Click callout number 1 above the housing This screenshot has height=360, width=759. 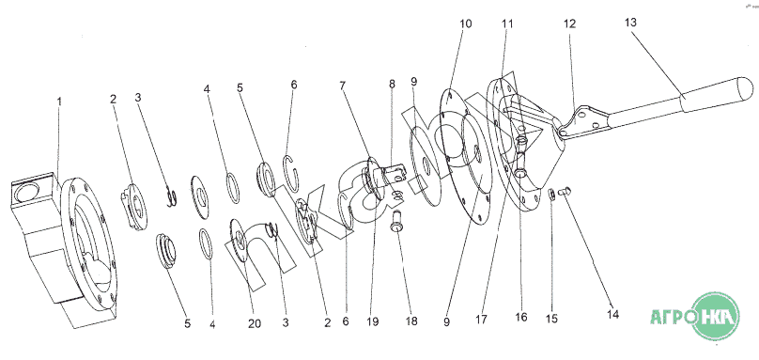pyautogui.click(x=59, y=102)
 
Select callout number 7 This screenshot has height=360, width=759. pyautogui.click(x=342, y=86)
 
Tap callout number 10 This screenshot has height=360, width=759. pyautogui.click(x=465, y=23)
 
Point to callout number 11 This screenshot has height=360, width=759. pyautogui.click(x=507, y=23)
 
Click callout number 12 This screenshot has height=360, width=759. pyautogui.click(x=570, y=23)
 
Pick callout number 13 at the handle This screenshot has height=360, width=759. pyautogui.click(x=630, y=23)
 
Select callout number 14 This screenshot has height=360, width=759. pyautogui.click(x=612, y=315)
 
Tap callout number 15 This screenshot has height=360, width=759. pyautogui.click(x=551, y=319)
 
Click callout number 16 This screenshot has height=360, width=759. pyautogui.click(x=520, y=318)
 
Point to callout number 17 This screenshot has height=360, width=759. pyautogui.click(x=482, y=320)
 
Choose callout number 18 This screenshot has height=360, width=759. pyautogui.click(x=411, y=321)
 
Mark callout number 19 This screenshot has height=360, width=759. pyautogui.click(x=373, y=321)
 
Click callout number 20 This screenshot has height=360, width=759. pyautogui.click(x=255, y=323)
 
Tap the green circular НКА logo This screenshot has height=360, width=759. pyautogui.click(x=716, y=316)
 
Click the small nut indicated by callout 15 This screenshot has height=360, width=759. pyautogui.click(x=550, y=195)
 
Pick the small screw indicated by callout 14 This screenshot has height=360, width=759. pyautogui.click(x=565, y=191)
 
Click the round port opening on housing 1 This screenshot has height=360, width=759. pyautogui.click(x=24, y=194)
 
